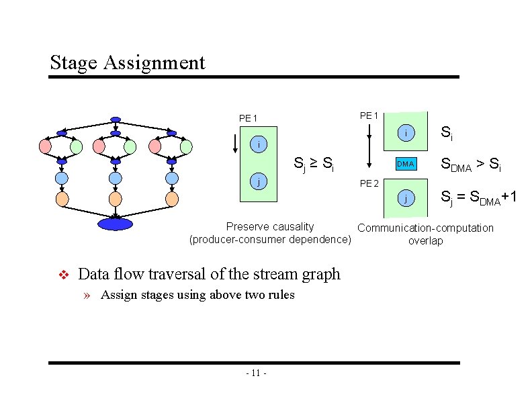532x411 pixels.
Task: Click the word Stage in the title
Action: (x=75, y=63)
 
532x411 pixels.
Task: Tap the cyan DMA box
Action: (x=405, y=164)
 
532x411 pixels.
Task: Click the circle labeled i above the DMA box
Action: (x=405, y=134)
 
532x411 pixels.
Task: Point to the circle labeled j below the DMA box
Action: (x=405, y=197)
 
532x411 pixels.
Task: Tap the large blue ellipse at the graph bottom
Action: (x=116, y=224)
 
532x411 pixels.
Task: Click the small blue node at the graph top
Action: (x=116, y=120)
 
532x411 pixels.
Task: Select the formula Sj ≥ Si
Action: (x=314, y=163)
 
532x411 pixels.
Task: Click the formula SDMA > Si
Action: (x=470, y=164)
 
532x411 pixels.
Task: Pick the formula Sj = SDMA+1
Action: (x=478, y=197)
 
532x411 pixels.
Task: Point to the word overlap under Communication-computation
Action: (x=425, y=240)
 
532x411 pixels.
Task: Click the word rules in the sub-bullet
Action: (x=280, y=295)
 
